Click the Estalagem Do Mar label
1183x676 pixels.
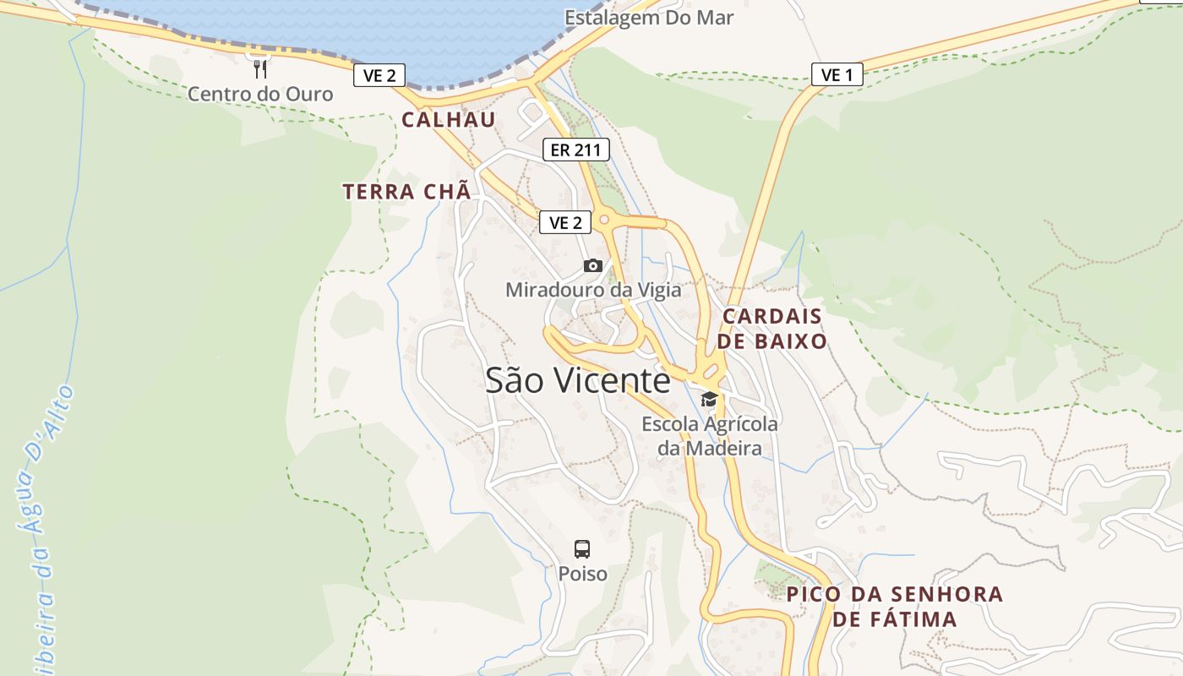pyautogui.click(x=649, y=18)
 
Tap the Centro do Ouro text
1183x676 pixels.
pyautogui.click(x=260, y=94)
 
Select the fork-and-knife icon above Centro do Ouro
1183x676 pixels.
pyautogui.click(x=260, y=68)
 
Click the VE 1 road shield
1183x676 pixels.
pyautogui.click(x=837, y=75)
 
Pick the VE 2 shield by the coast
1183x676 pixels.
pyautogui.click(x=379, y=75)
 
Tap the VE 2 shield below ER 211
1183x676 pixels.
pyautogui.click(x=565, y=223)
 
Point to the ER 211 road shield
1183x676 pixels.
pyautogui.click(x=575, y=150)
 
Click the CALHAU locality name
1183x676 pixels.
pyautogui.click(x=449, y=120)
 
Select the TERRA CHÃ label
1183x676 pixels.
pyautogui.click(x=406, y=192)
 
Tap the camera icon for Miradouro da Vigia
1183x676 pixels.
pyautogui.click(x=593, y=266)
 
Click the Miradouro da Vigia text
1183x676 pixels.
pyautogui.click(x=593, y=291)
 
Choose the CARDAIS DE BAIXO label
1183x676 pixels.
pyautogui.click(x=773, y=329)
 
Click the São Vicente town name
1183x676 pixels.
pyautogui.click(x=578, y=381)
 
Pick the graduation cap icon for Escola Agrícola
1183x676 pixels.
pyautogui.click(x=709, y=399)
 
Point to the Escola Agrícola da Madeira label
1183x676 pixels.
pyautogui.click(x=710, y=436)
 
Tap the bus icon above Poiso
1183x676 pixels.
pyautogui.click(x=582, y=549)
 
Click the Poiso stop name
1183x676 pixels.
pyautogui.click(x=582, y=574)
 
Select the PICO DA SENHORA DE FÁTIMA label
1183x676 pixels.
pyautogui.click(x=895, y=606)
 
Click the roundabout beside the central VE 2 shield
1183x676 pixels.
pyautogui.click(x=604, y=221)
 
